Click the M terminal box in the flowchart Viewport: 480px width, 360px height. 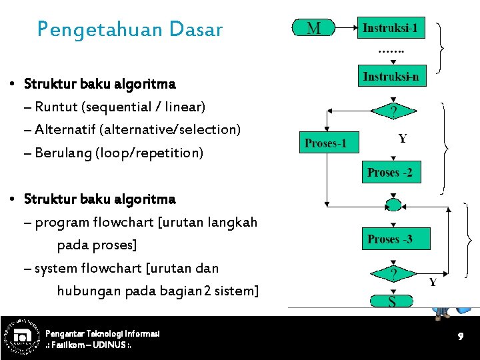point(313,28)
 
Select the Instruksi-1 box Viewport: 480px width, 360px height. point(390,28)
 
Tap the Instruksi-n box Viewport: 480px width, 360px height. point(391,77)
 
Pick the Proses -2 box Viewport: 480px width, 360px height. point(389,172)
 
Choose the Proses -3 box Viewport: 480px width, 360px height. point(389,239)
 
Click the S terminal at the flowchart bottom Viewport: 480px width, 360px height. point(392,301)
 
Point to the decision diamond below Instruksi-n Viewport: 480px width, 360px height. point(393,111)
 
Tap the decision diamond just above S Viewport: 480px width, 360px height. point(393,273)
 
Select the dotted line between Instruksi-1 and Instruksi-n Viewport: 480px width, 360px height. point(391,51)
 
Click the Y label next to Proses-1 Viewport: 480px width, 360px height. point(402,139)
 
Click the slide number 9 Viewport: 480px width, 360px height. point(460,337)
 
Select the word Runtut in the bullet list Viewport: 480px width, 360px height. point(54,107)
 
